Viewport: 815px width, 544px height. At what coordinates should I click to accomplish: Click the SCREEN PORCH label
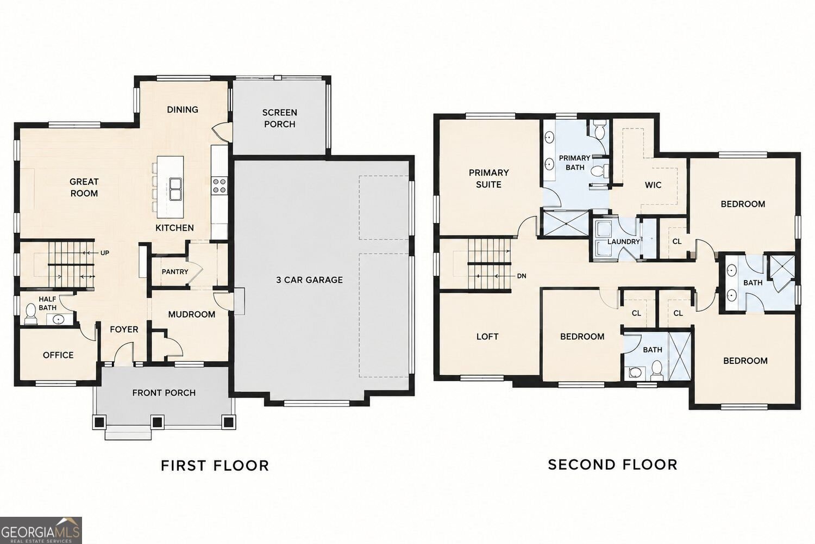tap(279, 119)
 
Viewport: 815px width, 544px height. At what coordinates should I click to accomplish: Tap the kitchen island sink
tap(175, 189)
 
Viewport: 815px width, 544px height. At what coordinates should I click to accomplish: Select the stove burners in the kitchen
tap(220, 186)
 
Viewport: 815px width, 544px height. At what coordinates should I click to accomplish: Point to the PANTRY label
tap(175, 272)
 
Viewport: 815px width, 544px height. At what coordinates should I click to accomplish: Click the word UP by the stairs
tap(105, 253)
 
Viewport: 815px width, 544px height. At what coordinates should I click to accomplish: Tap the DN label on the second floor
tap(522, 276)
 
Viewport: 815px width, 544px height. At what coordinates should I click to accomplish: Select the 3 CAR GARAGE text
tap(309, 280)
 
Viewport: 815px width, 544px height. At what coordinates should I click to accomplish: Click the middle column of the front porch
tap(157, 422)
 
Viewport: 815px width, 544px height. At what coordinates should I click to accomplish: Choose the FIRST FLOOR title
tap(215, 466)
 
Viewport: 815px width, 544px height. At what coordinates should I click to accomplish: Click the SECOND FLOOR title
tap(613, 465)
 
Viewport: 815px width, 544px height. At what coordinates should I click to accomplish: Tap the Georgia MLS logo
tap(41, 530)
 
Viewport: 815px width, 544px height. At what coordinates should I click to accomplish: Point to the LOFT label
tap(487, 336)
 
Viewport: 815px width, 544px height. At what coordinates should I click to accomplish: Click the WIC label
tap(653, 185)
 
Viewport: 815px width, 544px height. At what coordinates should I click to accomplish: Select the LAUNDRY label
tap(624, 242)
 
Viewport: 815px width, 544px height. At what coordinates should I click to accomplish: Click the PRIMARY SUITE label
tap(488, 178)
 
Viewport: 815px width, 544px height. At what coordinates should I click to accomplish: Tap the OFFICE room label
tap(58, 355)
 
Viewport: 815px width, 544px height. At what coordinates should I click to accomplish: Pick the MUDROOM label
tap(192, 314)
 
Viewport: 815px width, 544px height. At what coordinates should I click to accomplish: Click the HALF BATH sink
tap(58, 319)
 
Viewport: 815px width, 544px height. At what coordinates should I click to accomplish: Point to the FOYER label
tap(124, 329)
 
